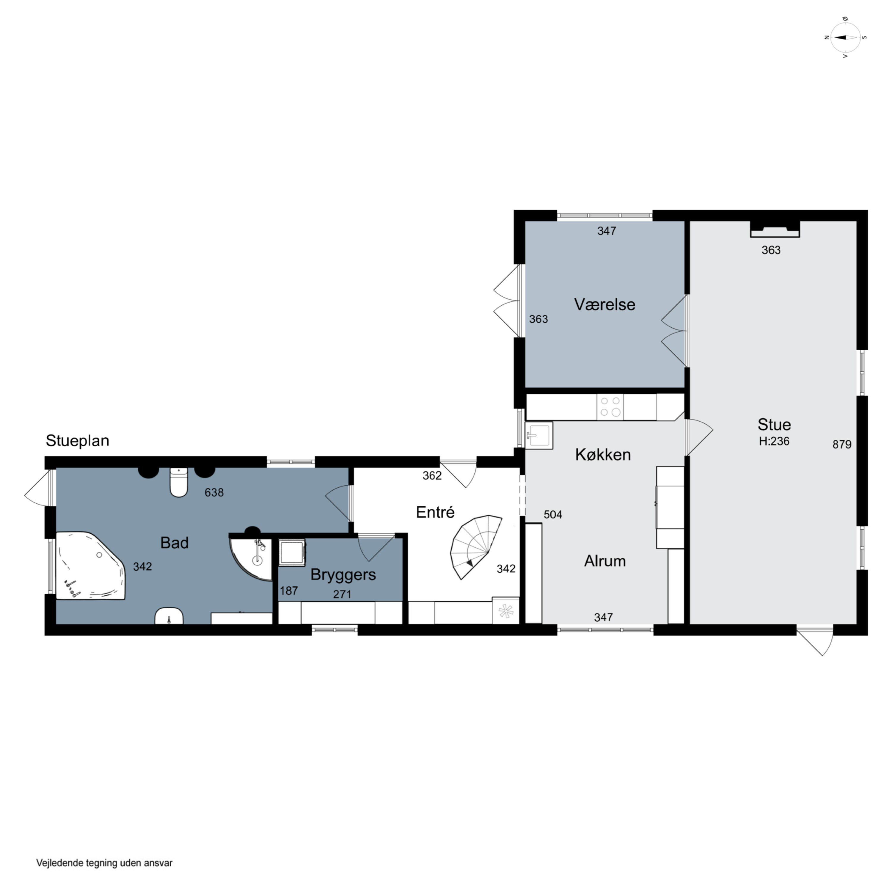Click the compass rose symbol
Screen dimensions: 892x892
tap(845, 37)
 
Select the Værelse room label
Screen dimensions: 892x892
tap(604, 304)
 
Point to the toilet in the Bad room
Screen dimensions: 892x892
tap(179, 482)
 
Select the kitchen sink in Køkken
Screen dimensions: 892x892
tap(539, 435)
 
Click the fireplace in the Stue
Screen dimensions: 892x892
tap(775, 230)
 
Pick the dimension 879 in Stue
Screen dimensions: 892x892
tap(842, 444)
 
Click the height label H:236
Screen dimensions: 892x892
tap(774, 441)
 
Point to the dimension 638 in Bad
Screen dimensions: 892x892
tap(214, 493)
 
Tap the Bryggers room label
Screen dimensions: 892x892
tap(343, 575)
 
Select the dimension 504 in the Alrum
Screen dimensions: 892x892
tap(553, 514)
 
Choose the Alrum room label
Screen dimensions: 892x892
tap(605, 561)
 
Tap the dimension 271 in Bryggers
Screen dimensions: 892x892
tap(342, 594)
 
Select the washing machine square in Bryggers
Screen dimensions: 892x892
tap(292, 552)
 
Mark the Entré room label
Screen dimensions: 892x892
tap(435, 512)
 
